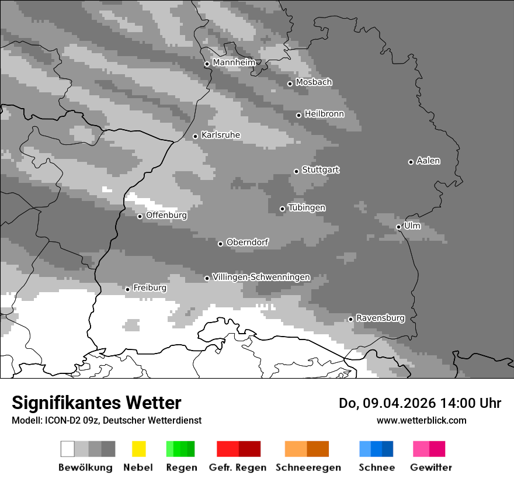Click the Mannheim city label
click(234, 63)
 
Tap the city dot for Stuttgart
click(297, 171)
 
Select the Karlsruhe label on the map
click(220, 135)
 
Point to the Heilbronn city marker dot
click(299, 115)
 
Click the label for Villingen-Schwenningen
click(261, 277)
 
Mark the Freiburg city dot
click(127, 289)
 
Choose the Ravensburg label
click(380, 318)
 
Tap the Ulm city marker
click(399, 227)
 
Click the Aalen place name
click(428, 161)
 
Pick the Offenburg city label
click(166, 215)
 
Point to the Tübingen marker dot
click(283, 209)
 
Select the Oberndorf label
click(247, 242)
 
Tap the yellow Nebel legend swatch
click(138, 449)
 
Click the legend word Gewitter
click(431, 467)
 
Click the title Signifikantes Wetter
click(96, 403)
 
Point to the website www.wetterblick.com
click(421, 420)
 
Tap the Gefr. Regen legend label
click(237, 467)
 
